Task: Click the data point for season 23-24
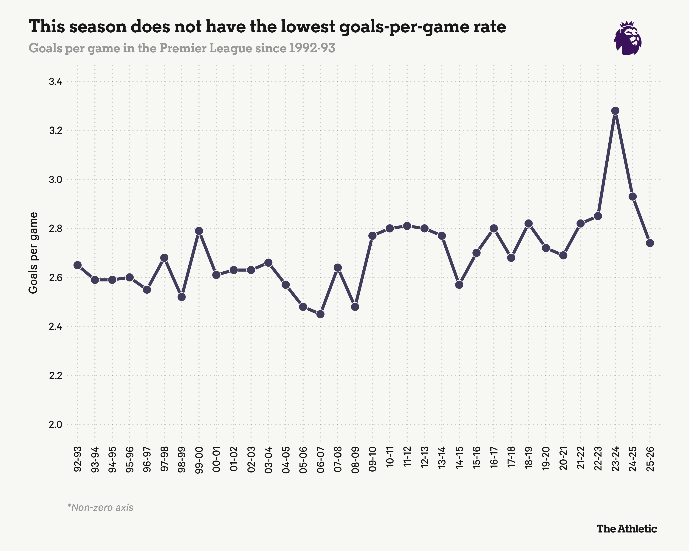(x=615, y=111)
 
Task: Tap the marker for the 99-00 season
(x=199, y=231)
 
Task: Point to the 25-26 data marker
(x=650, y=243)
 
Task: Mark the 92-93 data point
(x=77, y=265)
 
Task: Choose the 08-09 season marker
(x=355, y=307)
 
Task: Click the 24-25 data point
(x=633, y=197)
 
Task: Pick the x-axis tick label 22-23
(x=598, y=459)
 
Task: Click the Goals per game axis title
(x=33, y=253)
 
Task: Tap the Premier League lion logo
(x=627, y=38)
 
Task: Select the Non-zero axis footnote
(x=100, y=508)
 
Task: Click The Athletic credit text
(x=627, y=529)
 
